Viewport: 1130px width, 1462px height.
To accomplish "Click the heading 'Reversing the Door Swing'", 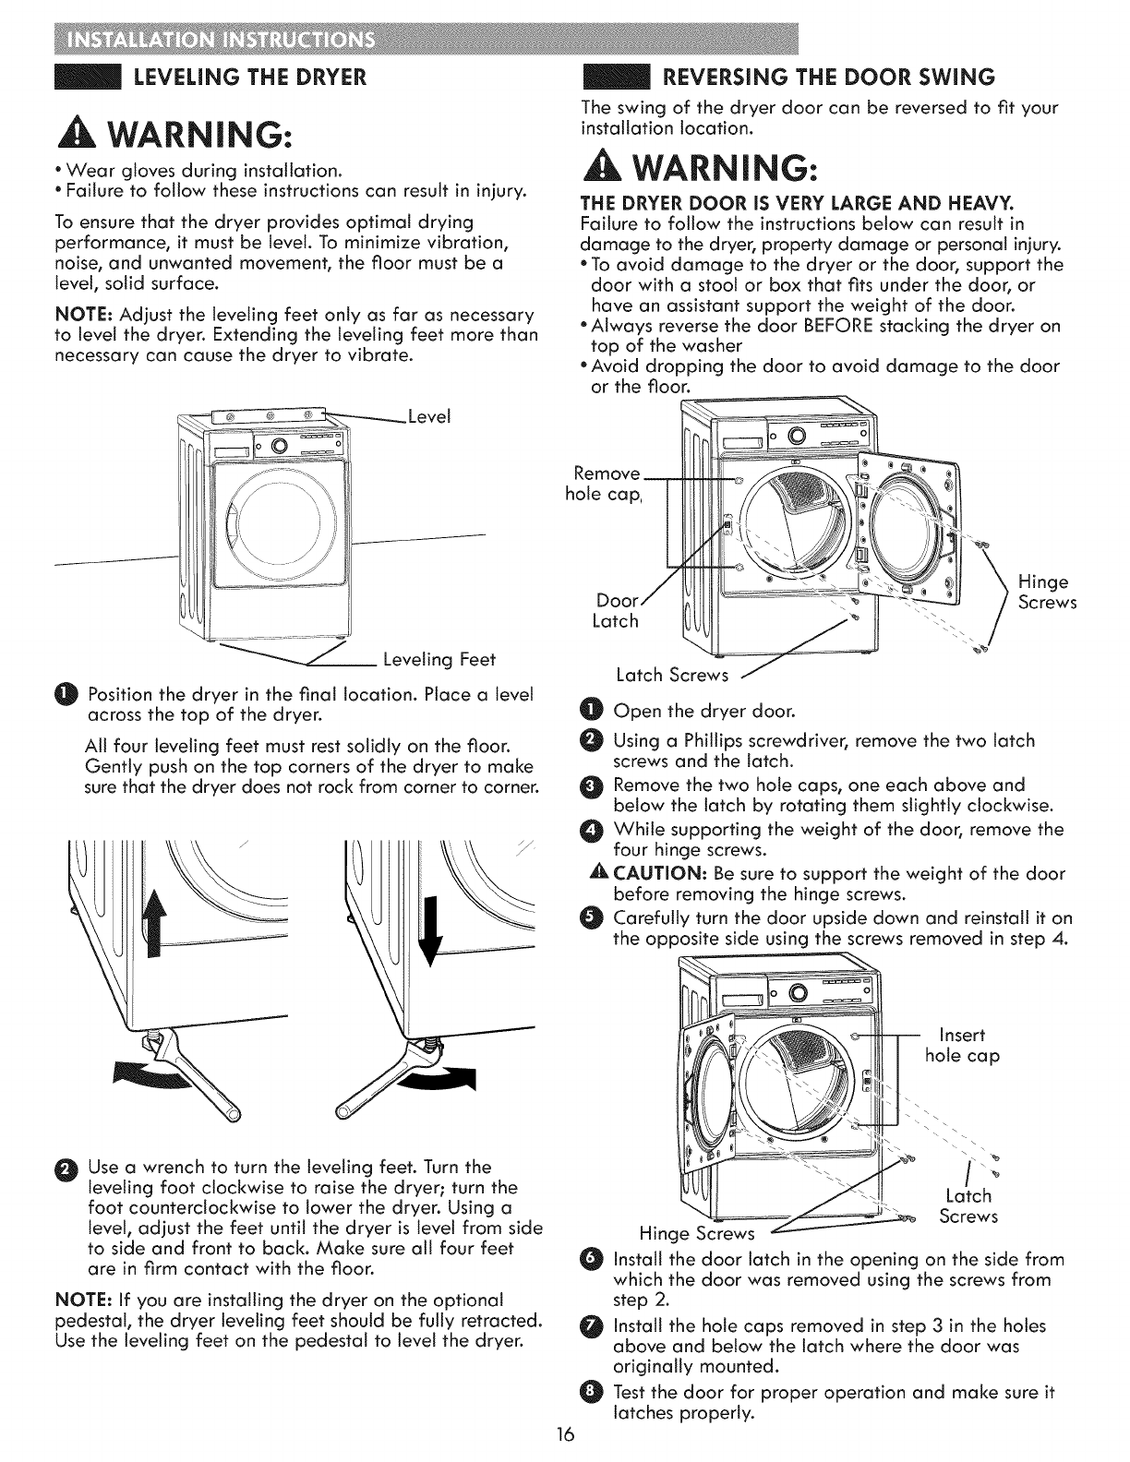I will [829, 76].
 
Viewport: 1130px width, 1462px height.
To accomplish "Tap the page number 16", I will [566, 1435].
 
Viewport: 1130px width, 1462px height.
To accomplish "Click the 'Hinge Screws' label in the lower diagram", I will [699, 1233].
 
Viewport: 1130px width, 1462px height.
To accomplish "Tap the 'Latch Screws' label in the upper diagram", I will [671, 676].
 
